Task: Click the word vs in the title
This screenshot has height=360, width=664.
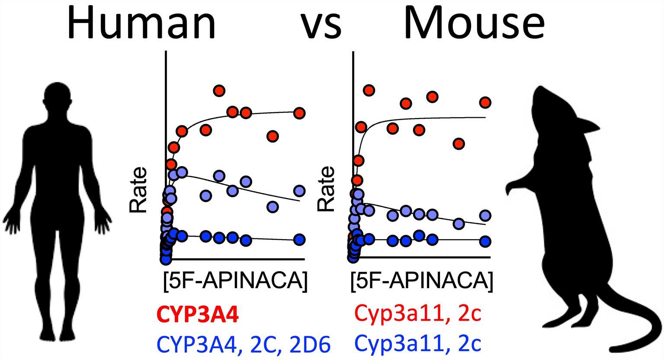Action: [x=321, y=25]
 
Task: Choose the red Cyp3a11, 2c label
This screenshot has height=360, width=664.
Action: [x=417, y=314]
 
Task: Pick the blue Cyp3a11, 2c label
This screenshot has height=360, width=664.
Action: [x=417, y=344]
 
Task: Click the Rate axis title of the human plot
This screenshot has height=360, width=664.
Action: [x=138, y=190]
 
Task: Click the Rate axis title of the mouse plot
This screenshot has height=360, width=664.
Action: [x=326, y=189]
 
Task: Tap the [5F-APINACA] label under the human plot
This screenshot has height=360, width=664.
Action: [x=235, y=281]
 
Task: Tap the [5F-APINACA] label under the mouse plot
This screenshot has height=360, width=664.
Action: [x=421, y=281]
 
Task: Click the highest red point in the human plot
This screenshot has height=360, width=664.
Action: [x=219, y=91]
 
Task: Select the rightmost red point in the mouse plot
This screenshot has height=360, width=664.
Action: [x=485, y=103]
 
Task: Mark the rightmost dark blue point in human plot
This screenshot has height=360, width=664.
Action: [x=299, y=239]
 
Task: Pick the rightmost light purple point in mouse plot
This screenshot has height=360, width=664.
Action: [x=485, y=215]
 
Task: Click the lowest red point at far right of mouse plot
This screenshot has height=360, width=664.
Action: [x=459, y=144]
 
